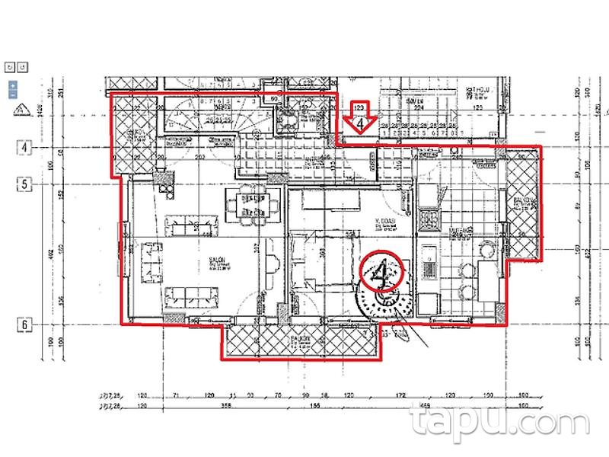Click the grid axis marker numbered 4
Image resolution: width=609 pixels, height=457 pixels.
24,147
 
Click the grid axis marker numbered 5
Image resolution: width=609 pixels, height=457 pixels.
24,184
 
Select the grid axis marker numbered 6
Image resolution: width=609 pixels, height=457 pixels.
24,324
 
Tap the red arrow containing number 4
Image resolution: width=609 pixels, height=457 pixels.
356,117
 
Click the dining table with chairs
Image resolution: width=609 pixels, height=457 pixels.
247,204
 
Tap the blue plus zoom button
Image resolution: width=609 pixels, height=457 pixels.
13,85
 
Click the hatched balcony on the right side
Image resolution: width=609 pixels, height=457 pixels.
525,203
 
